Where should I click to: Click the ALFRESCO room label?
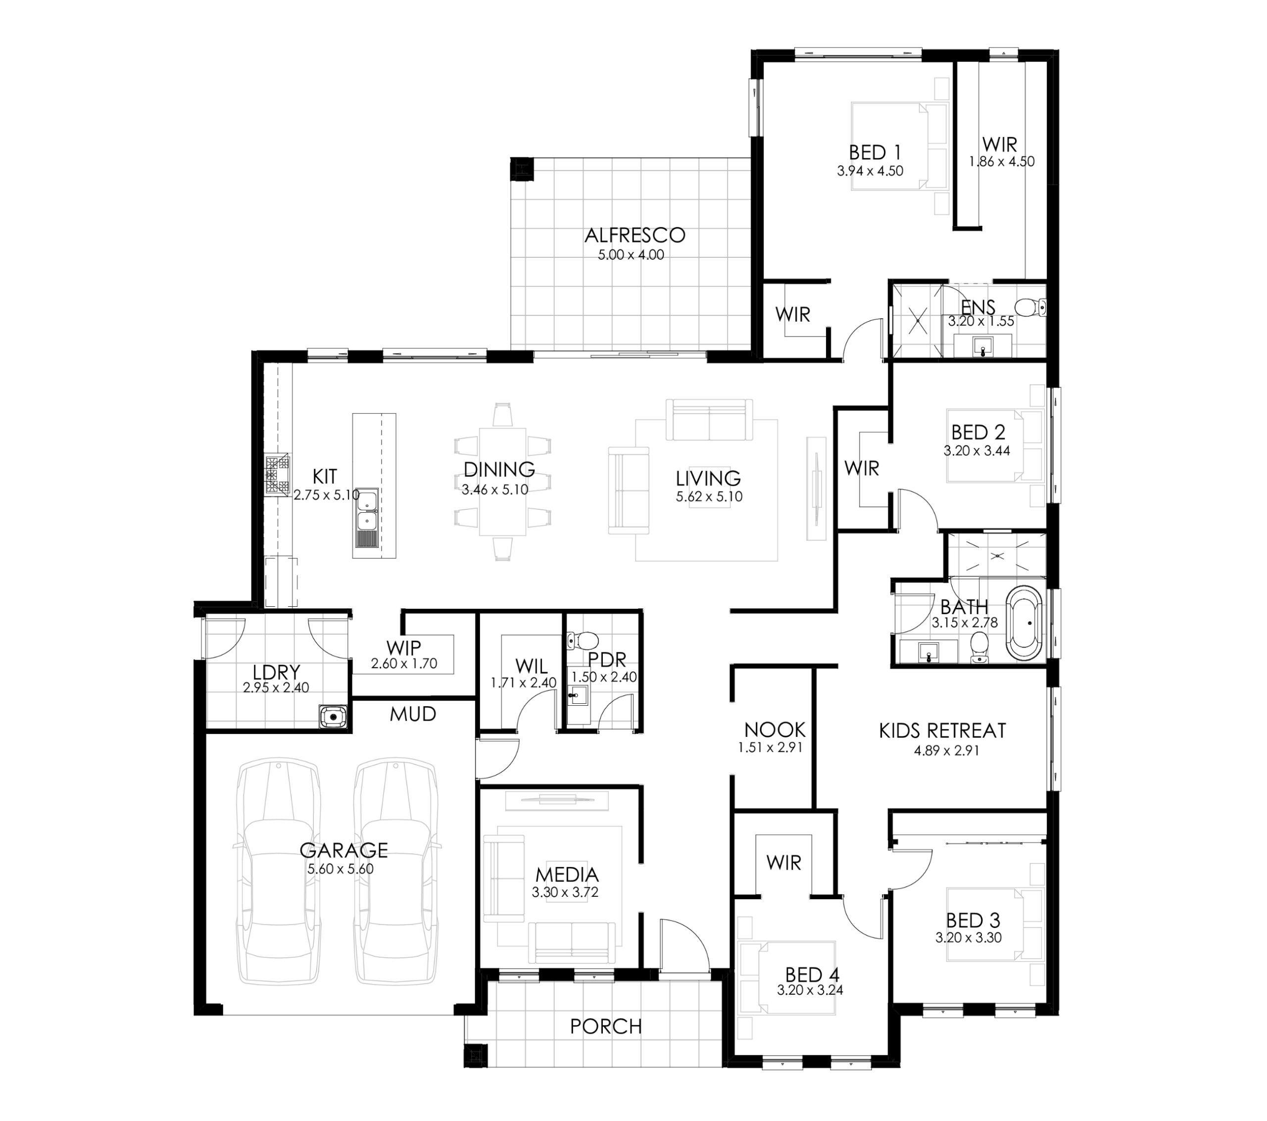point(635,235)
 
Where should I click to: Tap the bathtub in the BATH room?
point(1024,622)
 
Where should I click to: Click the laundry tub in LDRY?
point(333,717)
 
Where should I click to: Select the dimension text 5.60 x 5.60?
point(341,869)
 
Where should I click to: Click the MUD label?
point(413,714)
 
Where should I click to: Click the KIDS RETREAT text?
point(942,731)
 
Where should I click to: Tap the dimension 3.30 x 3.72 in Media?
point(565,893)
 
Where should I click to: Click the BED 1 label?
point(875,152)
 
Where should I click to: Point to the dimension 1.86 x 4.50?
point(1002,162)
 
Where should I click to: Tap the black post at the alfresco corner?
point(521,169)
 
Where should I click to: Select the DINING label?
point(499,469)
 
